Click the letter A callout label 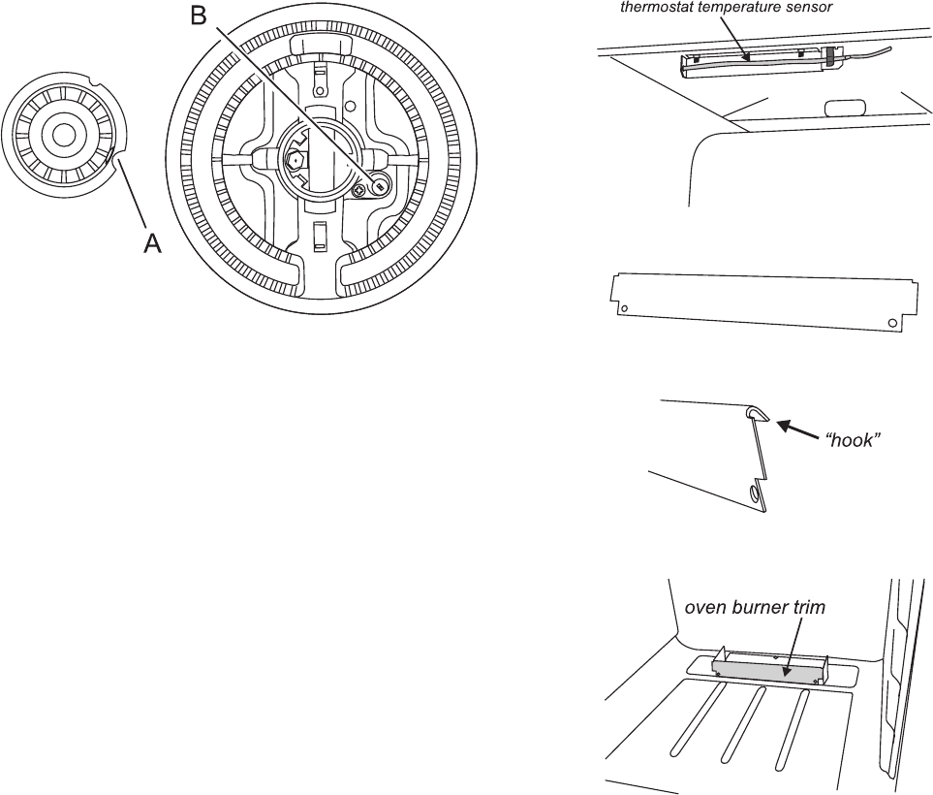pyautogui.click(x=152, y=244)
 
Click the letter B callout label pyautogui.click(x=199, y=16)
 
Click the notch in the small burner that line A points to pyautogui.click(x=117, y=155)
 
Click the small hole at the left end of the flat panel pyautogui.click(x=624, y=309)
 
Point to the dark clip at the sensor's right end pyautogui.click(x=830, y=57)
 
